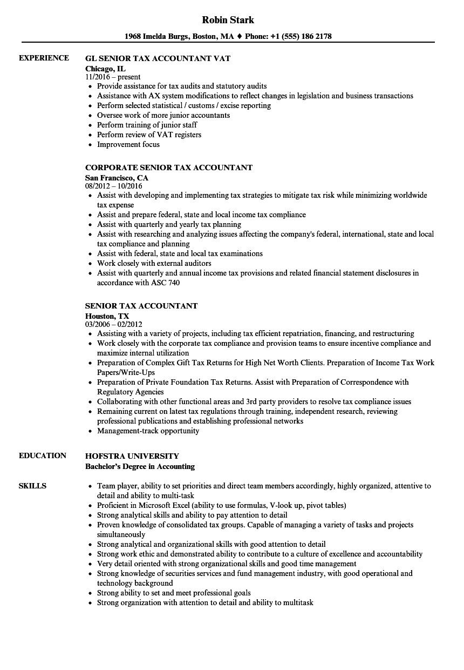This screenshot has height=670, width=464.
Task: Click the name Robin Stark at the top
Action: pos(228,20)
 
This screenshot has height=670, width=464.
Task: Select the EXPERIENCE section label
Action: pos(44,58)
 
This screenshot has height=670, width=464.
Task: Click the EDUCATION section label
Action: pos(43,455)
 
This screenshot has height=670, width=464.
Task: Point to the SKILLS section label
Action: pos(32,486)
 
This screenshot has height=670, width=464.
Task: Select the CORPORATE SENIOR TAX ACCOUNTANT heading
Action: pos(168,167)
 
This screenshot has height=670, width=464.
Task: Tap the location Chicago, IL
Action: pos(105,68)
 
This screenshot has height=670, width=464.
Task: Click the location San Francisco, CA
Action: pos(117,177)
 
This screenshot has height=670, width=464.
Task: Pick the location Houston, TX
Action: pos(107,316)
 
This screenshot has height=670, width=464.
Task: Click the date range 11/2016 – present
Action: pos(113,77)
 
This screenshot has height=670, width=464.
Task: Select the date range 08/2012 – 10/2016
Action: pos(113,186)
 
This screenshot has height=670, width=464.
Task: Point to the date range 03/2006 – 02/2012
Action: pos(113,324)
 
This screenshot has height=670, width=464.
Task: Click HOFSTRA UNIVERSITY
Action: pos(132,456)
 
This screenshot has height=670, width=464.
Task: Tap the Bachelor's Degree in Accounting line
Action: pos(140,466)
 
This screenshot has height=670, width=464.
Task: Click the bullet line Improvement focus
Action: pos(128,144)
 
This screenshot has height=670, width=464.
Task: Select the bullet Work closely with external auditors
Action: pos(154,263)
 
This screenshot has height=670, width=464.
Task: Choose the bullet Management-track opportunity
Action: pos(148,431)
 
